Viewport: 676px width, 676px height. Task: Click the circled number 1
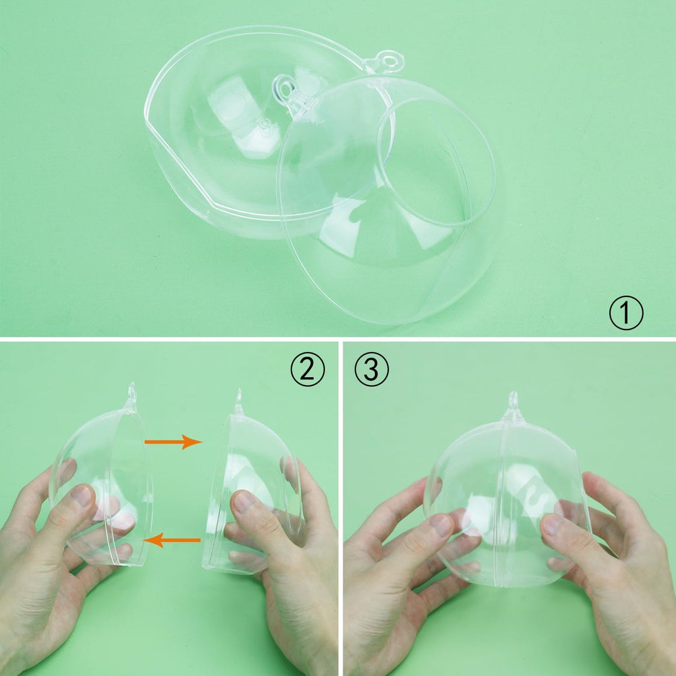click(626, 313)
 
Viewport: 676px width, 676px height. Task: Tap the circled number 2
click(308, 369)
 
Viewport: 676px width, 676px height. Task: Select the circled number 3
click(371, 369)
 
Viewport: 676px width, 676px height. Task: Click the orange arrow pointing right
click(174, 442)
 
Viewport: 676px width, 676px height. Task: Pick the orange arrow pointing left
click(172, 540)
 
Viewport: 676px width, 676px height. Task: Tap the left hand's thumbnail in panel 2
click(83, 495)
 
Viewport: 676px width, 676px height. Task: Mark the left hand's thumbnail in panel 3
click(440, 525)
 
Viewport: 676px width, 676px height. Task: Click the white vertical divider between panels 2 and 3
click(341, 509)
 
